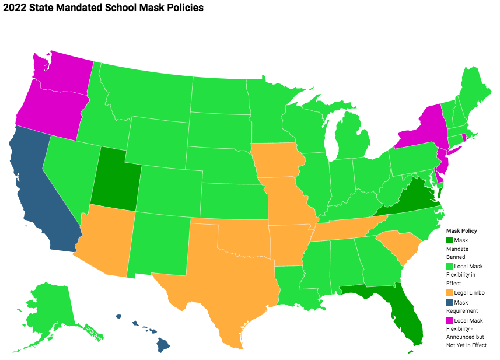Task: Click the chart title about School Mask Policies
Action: pyautogui.click(x=103, y=8)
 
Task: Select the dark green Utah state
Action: pyautogui.click(x=114, y=178)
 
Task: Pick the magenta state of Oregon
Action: pyautogui.click(x=50, y=111)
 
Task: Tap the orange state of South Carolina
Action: pyautogui.click(x=400, y=245)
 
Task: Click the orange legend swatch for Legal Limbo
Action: pyautogui.click(x=449, y=292)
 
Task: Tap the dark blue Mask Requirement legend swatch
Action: pyautogui.click(x=449, y=303)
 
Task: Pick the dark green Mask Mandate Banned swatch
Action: pyautogui.click(x=449, y=240)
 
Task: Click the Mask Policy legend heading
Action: pyautogui.click(x=461, y=231)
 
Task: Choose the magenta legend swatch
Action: pyautogui.click(x=449, y=320)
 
